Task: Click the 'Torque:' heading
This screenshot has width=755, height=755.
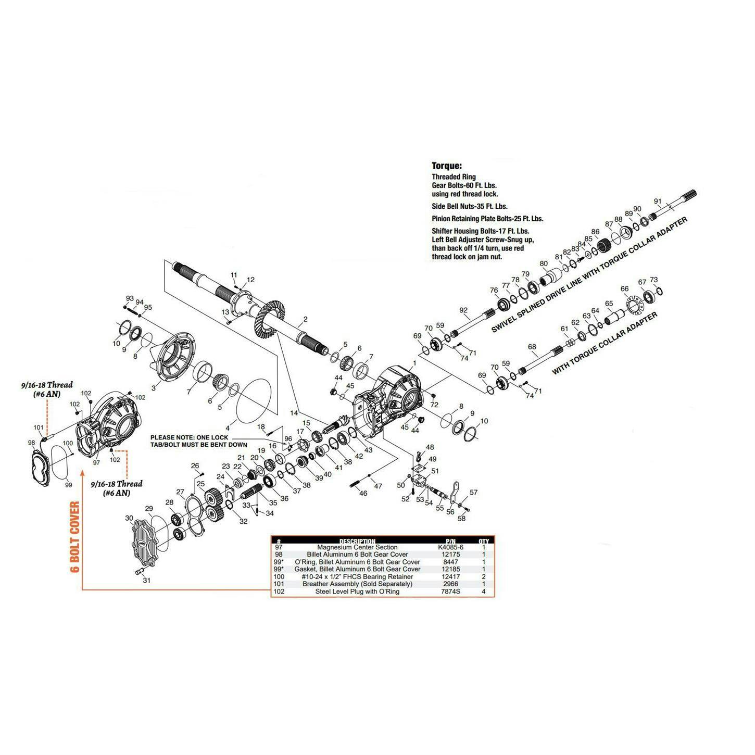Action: tap(446, 166)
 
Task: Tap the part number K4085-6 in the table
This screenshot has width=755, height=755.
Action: tap(450, 547)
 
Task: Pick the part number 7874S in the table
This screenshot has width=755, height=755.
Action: tap(450, 592)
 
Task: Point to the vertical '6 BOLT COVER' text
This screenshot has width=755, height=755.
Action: tap(75, 537)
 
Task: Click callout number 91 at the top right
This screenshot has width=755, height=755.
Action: tap(658, 202)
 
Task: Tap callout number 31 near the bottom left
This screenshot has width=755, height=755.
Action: tap(146, 580)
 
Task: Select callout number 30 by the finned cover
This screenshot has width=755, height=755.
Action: tap(129, 518)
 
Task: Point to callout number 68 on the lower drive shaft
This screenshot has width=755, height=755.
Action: tap(532, 347)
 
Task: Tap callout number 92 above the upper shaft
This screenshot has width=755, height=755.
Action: tap(463, 310)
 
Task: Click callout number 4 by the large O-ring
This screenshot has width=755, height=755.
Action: tap(227, 428)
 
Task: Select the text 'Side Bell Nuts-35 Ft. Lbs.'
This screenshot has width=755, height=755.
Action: tap(469, 206)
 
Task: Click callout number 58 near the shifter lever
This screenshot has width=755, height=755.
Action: tap(461, 518)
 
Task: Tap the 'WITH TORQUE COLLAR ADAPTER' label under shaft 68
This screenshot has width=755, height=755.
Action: tap(605, 344)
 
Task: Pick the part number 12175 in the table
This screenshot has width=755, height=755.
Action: tap(450, 555)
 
